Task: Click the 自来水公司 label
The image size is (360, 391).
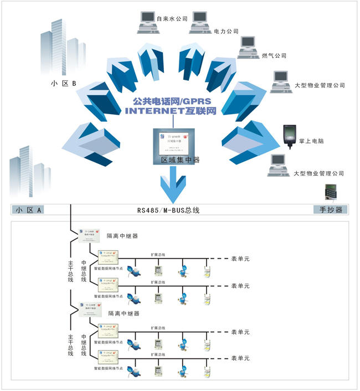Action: pos(172,19)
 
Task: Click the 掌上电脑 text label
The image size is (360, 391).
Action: pos(313,141)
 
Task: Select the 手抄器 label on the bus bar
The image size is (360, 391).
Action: pos(331,210)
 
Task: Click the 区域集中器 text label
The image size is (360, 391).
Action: pos(176,160)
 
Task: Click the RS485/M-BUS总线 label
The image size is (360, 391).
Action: pos(168,210)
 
